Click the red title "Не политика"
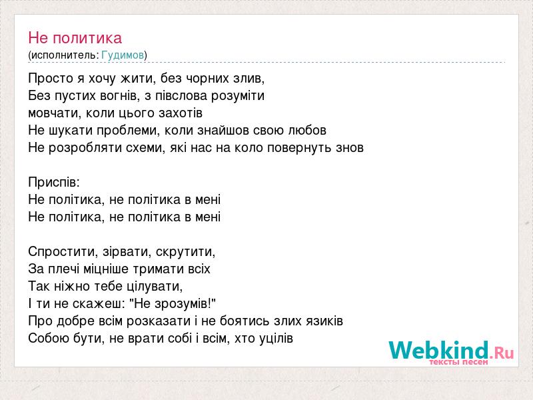pos(75,38)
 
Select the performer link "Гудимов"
pos(123,55)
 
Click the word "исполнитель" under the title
pos(63,55)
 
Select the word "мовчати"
pos(55,113)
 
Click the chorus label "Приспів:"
pos(54,182)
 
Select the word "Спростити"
pos(63,252)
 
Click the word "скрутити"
pos(186,252)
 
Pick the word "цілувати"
pos(155,287)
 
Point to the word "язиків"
pos(324,321)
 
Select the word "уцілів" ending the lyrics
pos(276,338)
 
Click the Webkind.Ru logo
pos(451,353)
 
